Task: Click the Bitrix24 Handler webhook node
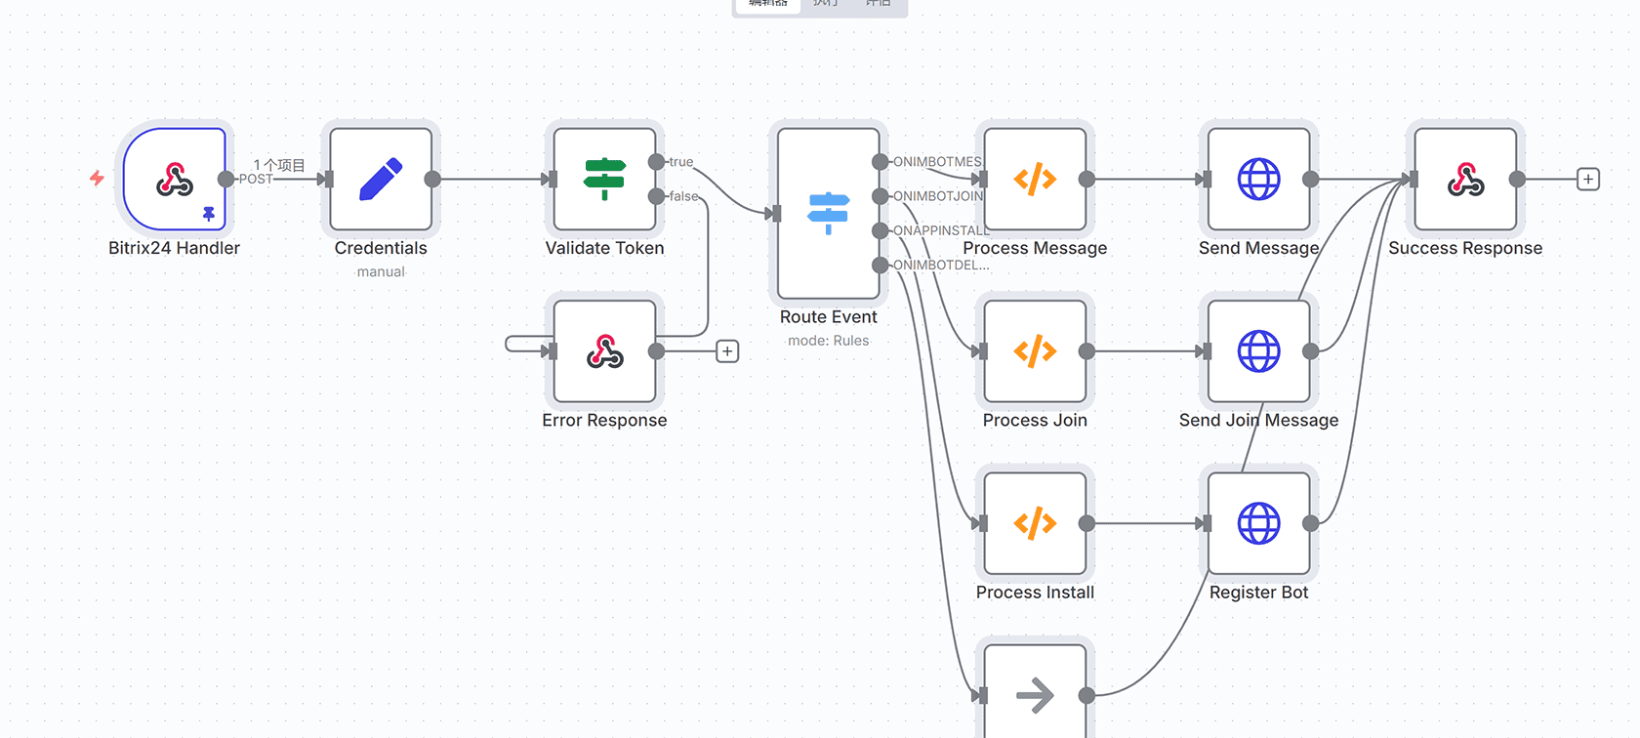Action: click(175, 180)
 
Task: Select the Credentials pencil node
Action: click(381, 180)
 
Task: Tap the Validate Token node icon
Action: click(604, 180)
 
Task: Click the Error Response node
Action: click(604, 351)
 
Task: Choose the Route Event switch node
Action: click(828, 214)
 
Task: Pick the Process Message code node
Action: click(1035, 180)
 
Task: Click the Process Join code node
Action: click(1035, 351)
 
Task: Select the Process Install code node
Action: click(1035, 524)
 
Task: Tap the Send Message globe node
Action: click(1258, 180)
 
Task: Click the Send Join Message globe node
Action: click(1258, 351)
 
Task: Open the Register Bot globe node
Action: click(1258, 524)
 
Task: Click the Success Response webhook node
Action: click(1465, 180)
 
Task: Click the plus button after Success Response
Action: click(1588, 180)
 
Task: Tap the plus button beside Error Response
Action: click(727, 351)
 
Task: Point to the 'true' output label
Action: click(681, 162)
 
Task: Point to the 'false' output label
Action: click(683, 196)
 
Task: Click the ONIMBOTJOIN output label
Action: click(938, 196)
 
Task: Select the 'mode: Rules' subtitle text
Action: click(828, 341)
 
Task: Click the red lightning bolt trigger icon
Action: click(97, 178)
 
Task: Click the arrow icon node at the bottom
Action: click(1035, 696)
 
